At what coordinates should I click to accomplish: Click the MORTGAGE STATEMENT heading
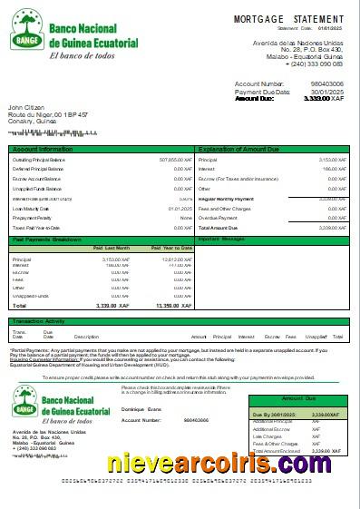pyautogui.click(x=288, y=18)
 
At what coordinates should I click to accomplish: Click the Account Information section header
pyautogui.click(x=43, y=148)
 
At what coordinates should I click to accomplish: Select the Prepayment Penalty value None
pyautogui.click(x=186, y=218)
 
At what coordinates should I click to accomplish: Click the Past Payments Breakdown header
pyautogui.click(x=47, y=239)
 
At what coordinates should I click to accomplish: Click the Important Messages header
pyautogui.click(x=222, y=239)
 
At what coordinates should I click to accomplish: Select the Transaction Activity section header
pyautogui.click(x=39, y=321)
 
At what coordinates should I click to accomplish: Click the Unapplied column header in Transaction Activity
pyautogui.click(x=316, y=337)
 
